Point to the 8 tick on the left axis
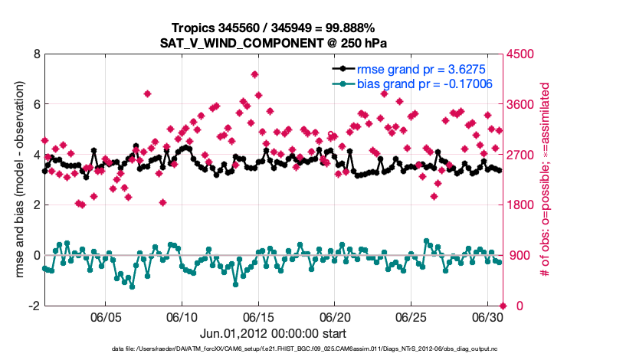[36, 54]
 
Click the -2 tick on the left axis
[34, 306]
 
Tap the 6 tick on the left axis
[36, 104]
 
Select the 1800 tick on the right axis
[521, 205]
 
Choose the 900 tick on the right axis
[519, 255]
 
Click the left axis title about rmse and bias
[17, 180]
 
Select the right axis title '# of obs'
[546, 180]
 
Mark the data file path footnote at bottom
[316, 349]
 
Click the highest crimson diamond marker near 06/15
[254, 74]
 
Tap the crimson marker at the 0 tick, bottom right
[503, 306]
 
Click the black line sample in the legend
[343, 69]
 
